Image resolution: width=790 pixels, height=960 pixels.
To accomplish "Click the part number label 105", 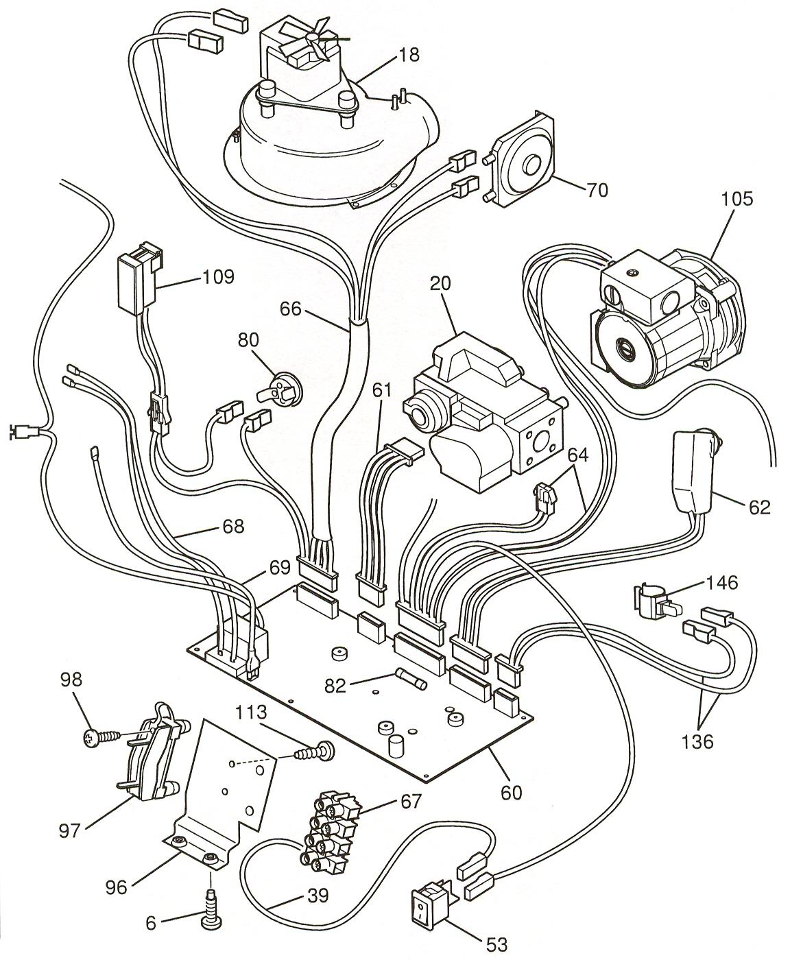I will tap(737, 199).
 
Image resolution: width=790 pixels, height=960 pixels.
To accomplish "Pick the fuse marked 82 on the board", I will tap(412, 681).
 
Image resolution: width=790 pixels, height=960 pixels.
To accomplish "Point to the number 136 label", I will tap(697, 741).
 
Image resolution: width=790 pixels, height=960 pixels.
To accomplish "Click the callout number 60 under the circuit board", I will tap(512, 792).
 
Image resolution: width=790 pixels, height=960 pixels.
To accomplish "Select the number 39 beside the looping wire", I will tap(315, 895).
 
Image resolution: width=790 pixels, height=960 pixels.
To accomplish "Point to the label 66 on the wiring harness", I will tap(290, 309).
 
